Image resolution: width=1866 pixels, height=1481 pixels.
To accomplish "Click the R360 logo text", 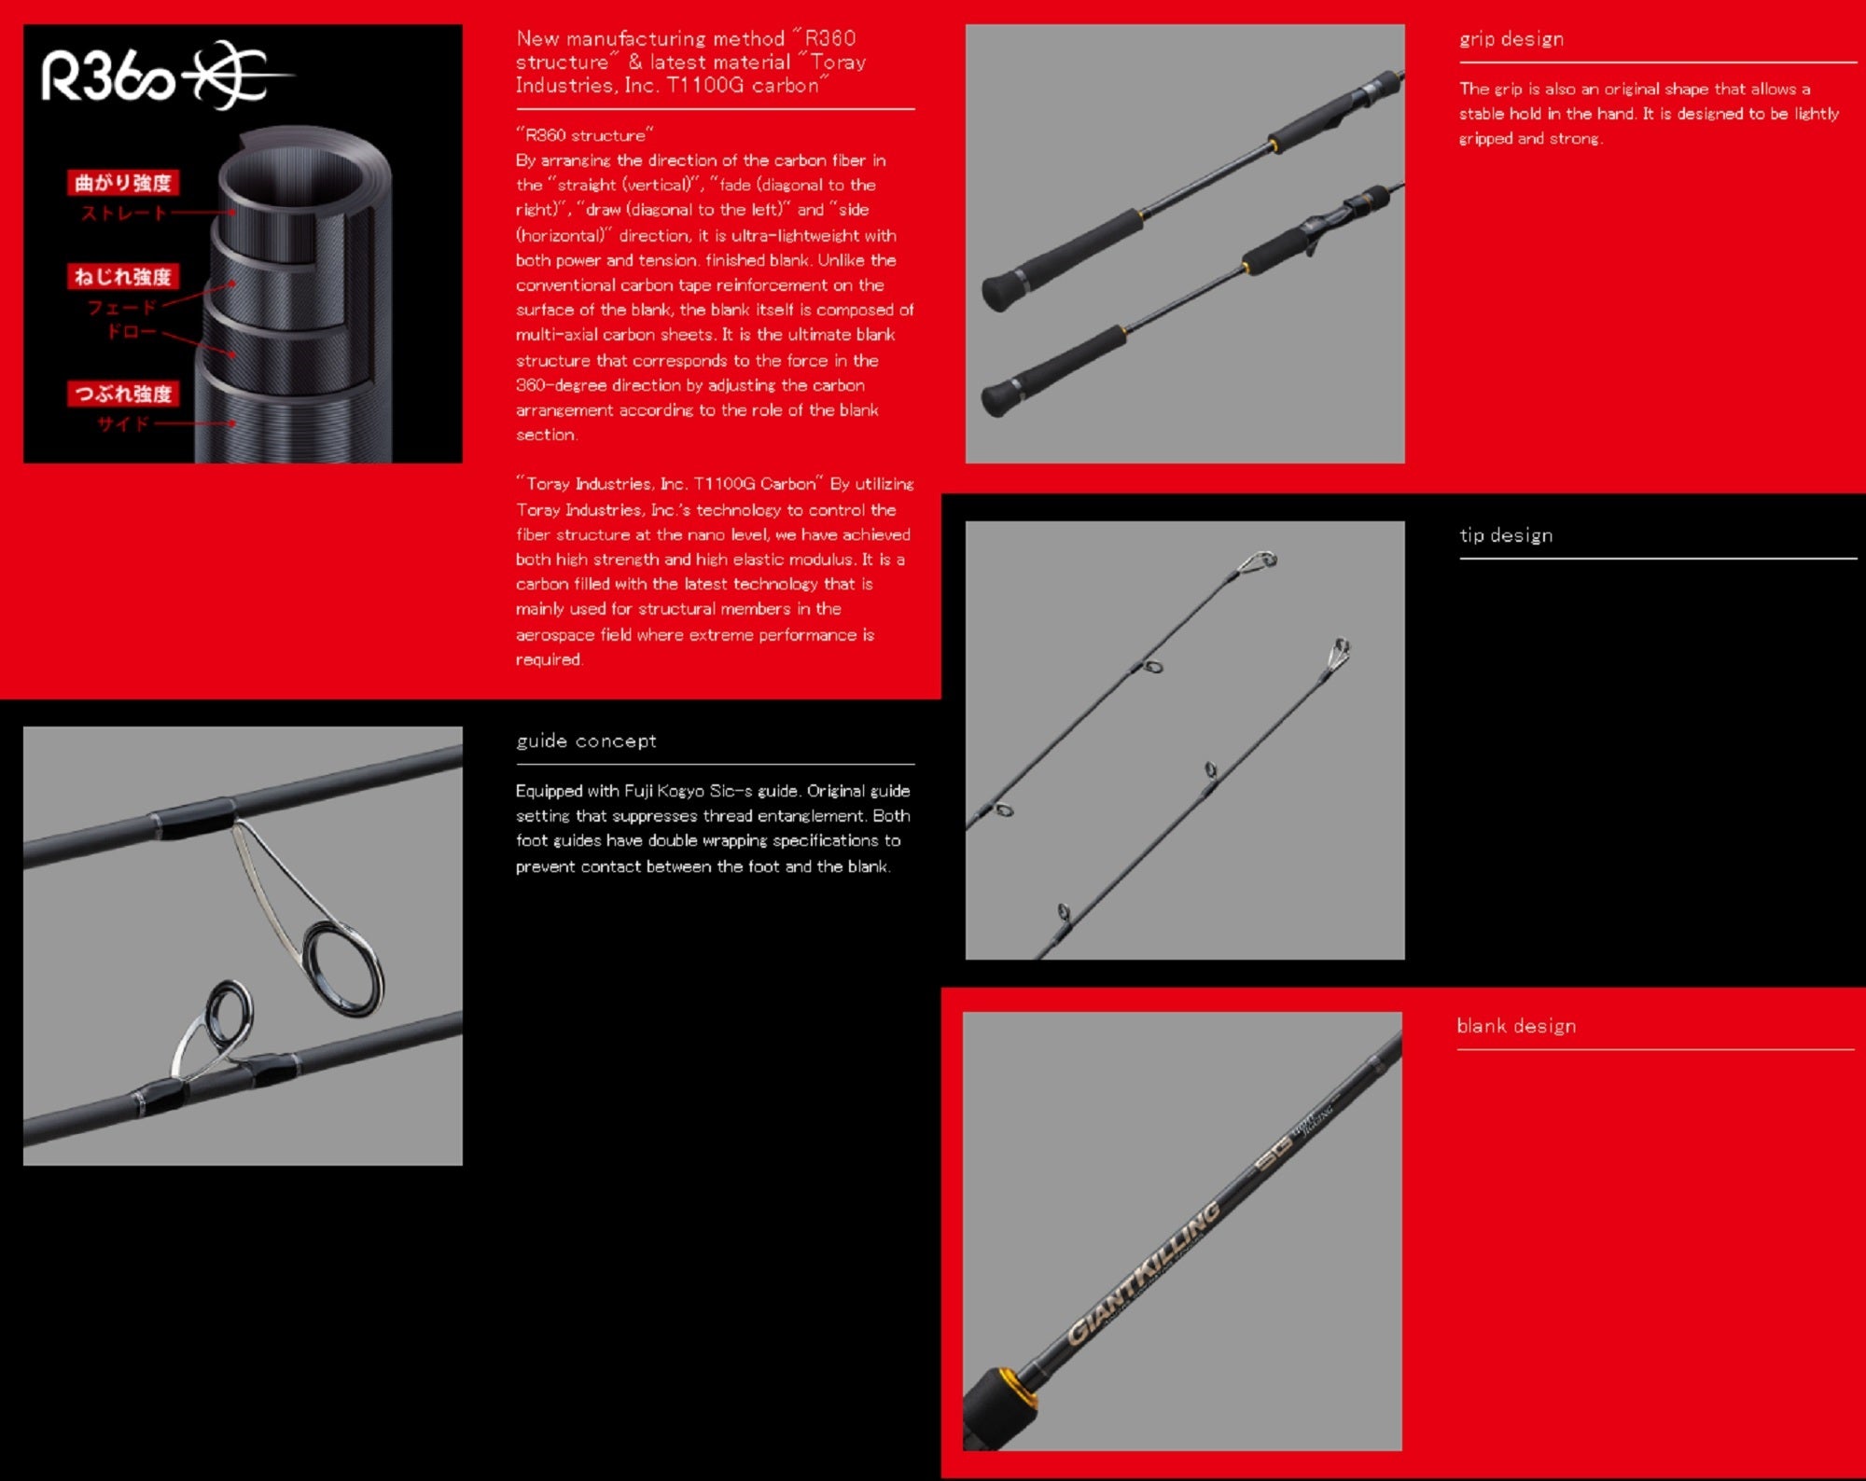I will click(x=107, y=76).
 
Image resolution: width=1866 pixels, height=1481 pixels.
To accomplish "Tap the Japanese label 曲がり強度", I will click(x=123, y=183).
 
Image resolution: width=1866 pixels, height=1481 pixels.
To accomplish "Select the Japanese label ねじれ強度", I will click(x=123, y=277).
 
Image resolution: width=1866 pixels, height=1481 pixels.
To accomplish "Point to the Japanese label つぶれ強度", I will click(x=123, y=394).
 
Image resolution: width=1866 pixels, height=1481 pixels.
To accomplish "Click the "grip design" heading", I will click(x=1511, y=39).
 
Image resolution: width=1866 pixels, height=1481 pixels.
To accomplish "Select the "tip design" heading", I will click(x=1506, y=535).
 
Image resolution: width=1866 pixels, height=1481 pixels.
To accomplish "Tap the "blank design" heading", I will click(x=1516, y=1026).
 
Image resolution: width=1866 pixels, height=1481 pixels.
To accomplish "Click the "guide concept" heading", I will click(x=586, y=740).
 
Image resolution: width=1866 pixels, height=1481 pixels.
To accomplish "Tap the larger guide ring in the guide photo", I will click(x=343, y=967).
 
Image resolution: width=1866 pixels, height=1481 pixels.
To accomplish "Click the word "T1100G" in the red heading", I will click(x=705, y=86).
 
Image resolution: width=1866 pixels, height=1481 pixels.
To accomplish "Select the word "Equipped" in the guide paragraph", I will click(x=549, y=791).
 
